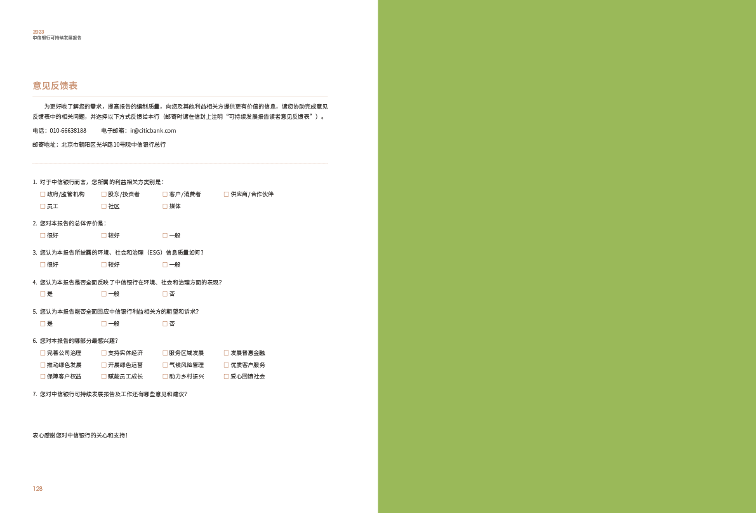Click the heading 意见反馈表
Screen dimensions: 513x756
tap(55, 86)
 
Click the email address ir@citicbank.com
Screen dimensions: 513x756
tap(153, 131)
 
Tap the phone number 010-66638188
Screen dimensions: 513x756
tap(68, 131)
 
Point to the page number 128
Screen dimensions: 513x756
tap(37, 488)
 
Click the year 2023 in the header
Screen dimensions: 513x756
tap(39, 32)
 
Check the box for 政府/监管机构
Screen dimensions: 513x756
tap(43, 194)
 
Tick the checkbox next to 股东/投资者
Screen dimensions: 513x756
tap(103, 194)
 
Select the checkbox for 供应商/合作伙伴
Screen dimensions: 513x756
tap(226, 194)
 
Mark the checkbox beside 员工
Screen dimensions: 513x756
tap(43, 206)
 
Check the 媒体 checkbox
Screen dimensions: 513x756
tap(165, 206)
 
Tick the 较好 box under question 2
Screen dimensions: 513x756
tap(103, 236)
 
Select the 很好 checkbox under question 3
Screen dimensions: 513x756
tap(43, 265)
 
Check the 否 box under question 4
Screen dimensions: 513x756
tap(165, 294)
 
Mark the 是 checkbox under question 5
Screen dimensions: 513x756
tap(43, 324)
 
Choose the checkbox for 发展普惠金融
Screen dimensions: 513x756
tap(226, 353)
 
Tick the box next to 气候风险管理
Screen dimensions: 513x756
tap(165, 365)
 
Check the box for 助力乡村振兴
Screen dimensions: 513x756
tap(165, 376)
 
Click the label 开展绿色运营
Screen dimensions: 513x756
tap(125, 365)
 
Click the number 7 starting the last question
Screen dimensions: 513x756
tap(34, 394)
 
